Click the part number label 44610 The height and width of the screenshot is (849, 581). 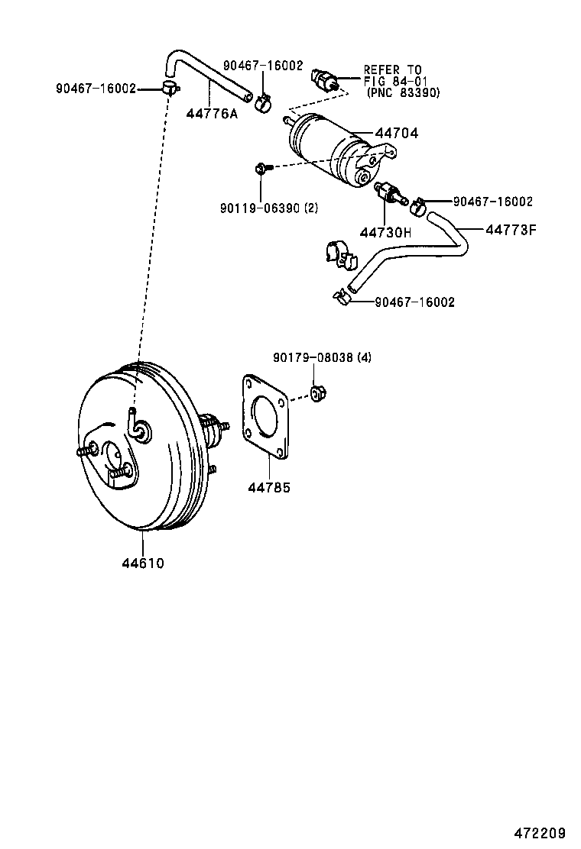coord(143,563)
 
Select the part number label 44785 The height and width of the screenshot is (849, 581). coord(269,486)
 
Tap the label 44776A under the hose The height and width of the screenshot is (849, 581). coord(212,115)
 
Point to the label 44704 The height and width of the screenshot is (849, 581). coord(396,133)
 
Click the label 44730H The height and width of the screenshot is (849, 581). coord(386,232)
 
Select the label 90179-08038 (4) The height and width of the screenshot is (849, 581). coord(322,357)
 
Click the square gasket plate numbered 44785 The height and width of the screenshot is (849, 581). coord(265,417)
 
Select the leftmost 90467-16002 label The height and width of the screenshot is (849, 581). coord(95,89)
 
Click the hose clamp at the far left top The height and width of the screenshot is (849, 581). coord(170,88)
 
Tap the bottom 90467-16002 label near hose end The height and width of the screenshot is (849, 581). coord(414,302)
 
